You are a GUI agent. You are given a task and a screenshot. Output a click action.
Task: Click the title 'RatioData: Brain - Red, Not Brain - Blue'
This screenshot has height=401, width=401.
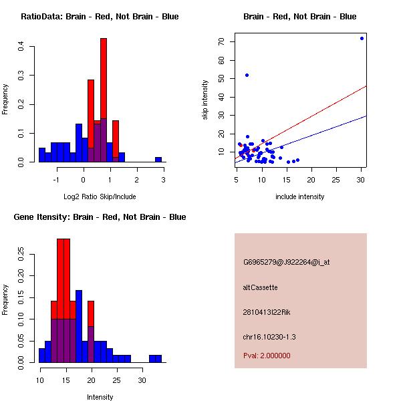pos(100,17)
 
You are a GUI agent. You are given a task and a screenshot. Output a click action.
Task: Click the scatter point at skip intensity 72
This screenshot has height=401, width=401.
pos(362,38)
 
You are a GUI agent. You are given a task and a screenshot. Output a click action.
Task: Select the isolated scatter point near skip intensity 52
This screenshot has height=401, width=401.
pos(247,75)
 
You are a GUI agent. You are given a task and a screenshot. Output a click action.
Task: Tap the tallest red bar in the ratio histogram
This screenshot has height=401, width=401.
pos(104,100)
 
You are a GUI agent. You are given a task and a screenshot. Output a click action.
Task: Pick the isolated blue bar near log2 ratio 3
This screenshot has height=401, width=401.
pos(158,160)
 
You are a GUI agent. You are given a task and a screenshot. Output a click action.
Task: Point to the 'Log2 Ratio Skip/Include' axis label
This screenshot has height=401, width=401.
pos(100,196)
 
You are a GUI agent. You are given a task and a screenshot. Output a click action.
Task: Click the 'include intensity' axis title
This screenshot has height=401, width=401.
pos(299,196)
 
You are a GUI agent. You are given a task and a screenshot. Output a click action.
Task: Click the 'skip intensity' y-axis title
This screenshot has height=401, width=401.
pos(206,100)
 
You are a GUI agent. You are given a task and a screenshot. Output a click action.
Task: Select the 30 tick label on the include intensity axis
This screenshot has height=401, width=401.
pos(361,179)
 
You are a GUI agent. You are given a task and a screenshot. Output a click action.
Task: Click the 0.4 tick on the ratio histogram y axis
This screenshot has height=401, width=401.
pos(22,46)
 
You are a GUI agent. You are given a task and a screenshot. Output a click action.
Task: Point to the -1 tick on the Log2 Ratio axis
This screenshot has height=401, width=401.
pos(57,179)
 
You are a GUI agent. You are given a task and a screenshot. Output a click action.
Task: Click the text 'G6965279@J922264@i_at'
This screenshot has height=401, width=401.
pos(286,262)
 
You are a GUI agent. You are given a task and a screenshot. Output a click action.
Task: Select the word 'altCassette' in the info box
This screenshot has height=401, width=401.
pos(260,287)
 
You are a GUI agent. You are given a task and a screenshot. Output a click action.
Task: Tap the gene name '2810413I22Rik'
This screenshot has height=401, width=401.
pos(267,312)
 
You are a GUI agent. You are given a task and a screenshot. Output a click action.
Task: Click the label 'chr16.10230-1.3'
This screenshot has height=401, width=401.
pos(269,336)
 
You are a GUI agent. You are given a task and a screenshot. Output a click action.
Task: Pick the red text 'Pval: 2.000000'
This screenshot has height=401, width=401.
pos(267,356)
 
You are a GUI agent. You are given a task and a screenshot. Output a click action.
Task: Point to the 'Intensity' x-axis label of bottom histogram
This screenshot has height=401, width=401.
pos(100,397)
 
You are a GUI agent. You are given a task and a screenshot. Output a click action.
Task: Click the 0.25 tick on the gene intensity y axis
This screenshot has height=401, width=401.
pos(22,254)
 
